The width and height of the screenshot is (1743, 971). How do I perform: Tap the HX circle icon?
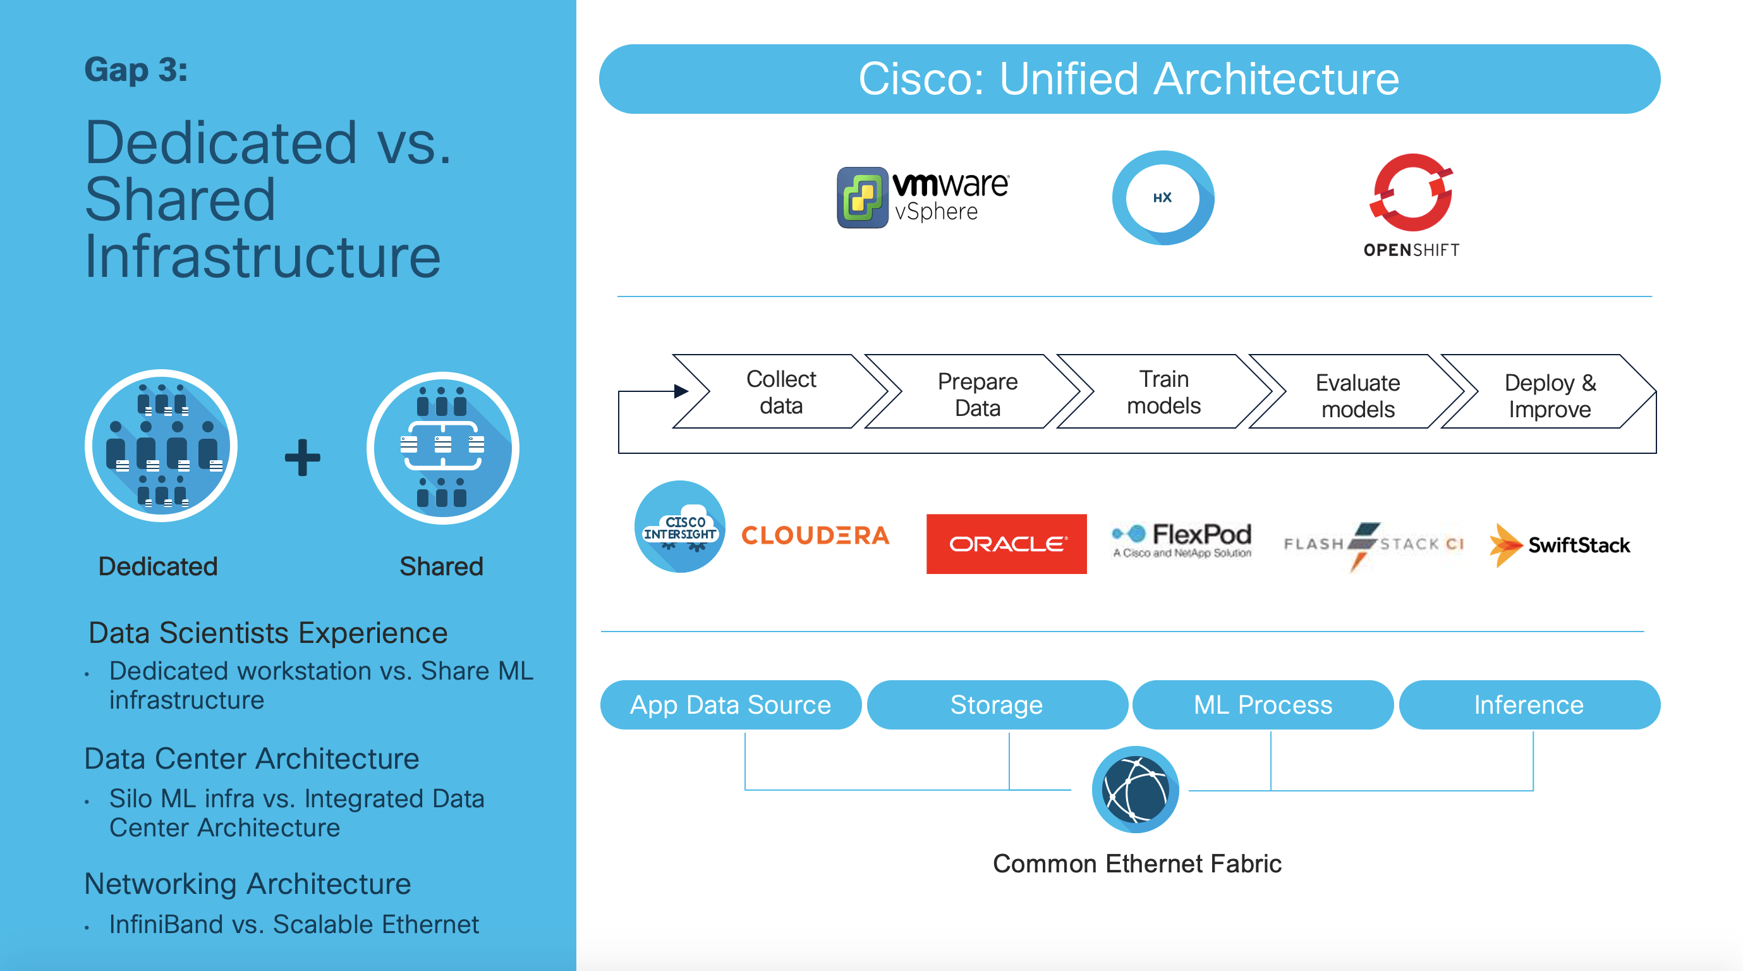pyautogui.click(x=1162, y=198)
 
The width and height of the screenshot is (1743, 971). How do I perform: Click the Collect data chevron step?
pyautogui.click(x=781, y=392)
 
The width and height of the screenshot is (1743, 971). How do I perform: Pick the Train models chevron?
pyautogui.click(x=1163, y=392)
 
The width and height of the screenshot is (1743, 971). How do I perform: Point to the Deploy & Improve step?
pyautogui.click(x=1550, y=395)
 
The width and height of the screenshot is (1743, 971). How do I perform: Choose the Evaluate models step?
pyautogui.click(x=1357, y=395)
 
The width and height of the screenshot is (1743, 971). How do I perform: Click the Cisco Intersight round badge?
pyautogui.click(x=679, y=527)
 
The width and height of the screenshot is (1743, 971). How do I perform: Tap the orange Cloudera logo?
pyautogui.click(x=815, y=535)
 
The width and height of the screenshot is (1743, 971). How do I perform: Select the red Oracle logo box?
pyautogui.click(x=1006, y=544)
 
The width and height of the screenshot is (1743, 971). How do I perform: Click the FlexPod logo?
pyautogui.click(x=1181, y=539)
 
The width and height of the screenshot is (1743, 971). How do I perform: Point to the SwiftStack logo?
pyautogui.click(x=1560, y=545)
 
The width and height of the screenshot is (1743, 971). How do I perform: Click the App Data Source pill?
pyautogui.click(x=730, y=704)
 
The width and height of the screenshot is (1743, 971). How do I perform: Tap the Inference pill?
pyautogui.click(x=1529, y=704)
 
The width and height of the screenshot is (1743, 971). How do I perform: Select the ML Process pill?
pyautogui.click(x=1263, y=704)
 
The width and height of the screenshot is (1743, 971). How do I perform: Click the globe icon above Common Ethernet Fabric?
pyautogui.click(x=1136, y=789)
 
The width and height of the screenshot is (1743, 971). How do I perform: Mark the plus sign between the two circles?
pyautogui.click(x=302, y=458)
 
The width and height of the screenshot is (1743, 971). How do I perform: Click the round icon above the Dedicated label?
pyautogui.click(x=161, y=446)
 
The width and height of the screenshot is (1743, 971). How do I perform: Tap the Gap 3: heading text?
pyautogui.click(x=136, y=70)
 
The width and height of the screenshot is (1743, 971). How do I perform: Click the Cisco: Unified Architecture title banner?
pyautogui.click(x=1129, y=78)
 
